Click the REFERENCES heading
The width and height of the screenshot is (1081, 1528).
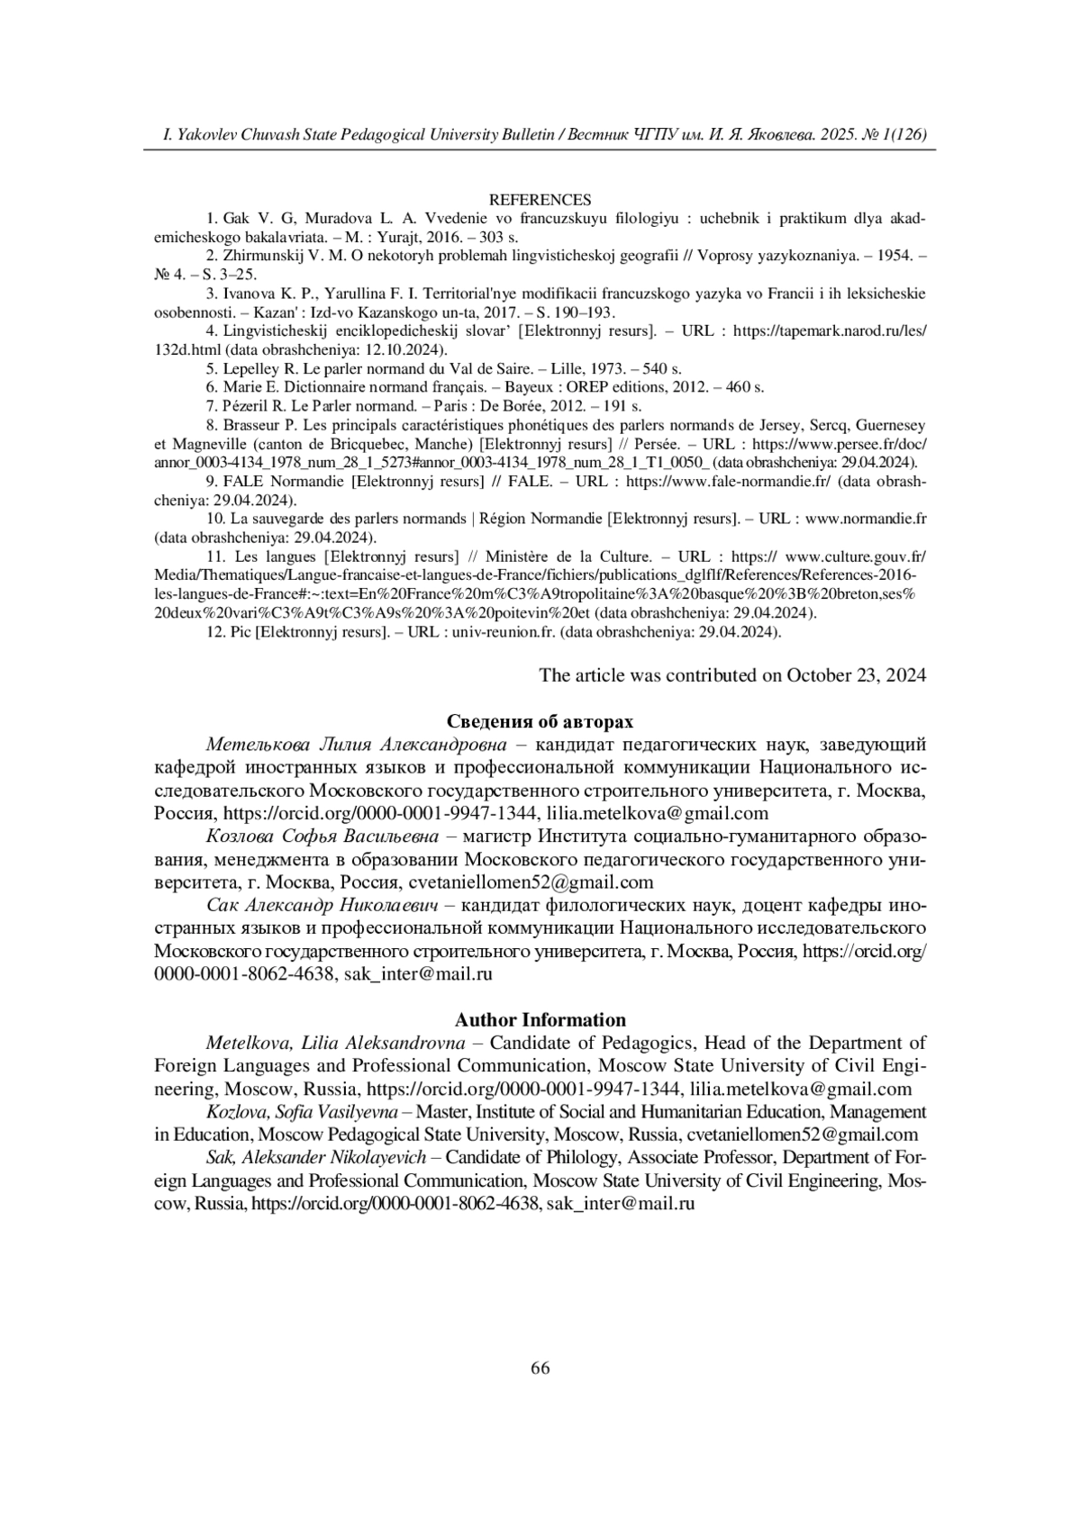pyautogui.click(x=540, y=200)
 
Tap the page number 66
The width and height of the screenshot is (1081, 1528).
pyautogui.click(x=540, y=1369)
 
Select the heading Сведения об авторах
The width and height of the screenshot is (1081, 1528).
pyautogui.click(x=540, y=722)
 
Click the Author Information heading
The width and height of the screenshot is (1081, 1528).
pyautogui.click(x=540, y=1020)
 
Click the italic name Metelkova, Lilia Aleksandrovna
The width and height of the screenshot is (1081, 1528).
pyautogui.click(x=335, y=1044)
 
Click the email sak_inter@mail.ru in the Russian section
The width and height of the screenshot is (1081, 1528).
pyautogui.click(x=419, y=974)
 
